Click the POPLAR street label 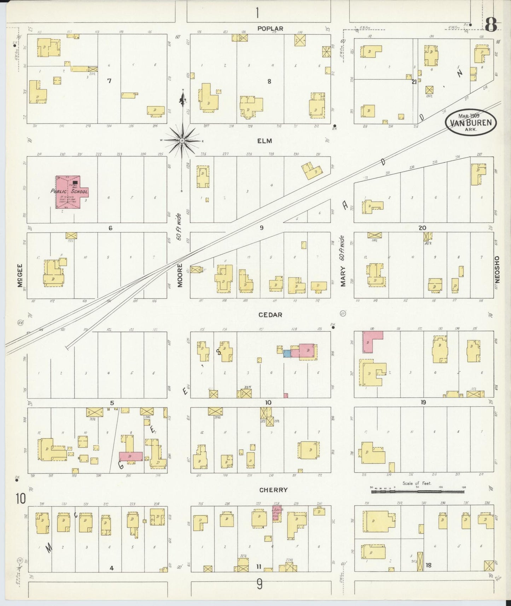270,29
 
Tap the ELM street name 265,141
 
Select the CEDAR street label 270,315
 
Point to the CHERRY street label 273,490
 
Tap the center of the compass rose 182,141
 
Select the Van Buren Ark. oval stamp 471,122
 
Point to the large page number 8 491,25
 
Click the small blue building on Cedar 287,353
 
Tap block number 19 423,402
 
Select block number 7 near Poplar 109,81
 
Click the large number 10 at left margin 21,499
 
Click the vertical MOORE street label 180,275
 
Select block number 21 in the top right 414,82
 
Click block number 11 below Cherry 259,567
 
